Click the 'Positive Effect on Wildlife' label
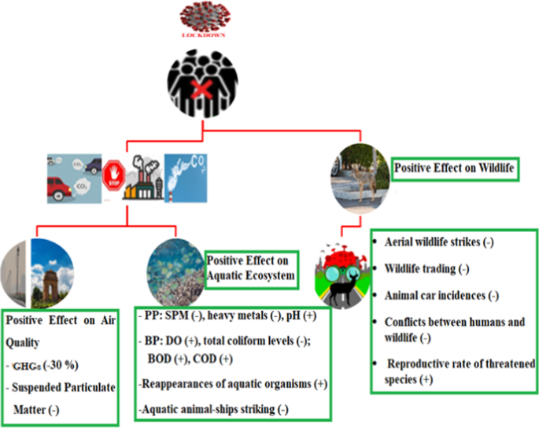point(455,168)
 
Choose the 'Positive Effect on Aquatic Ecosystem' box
point(251,270)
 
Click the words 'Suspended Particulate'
point(61,387)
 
